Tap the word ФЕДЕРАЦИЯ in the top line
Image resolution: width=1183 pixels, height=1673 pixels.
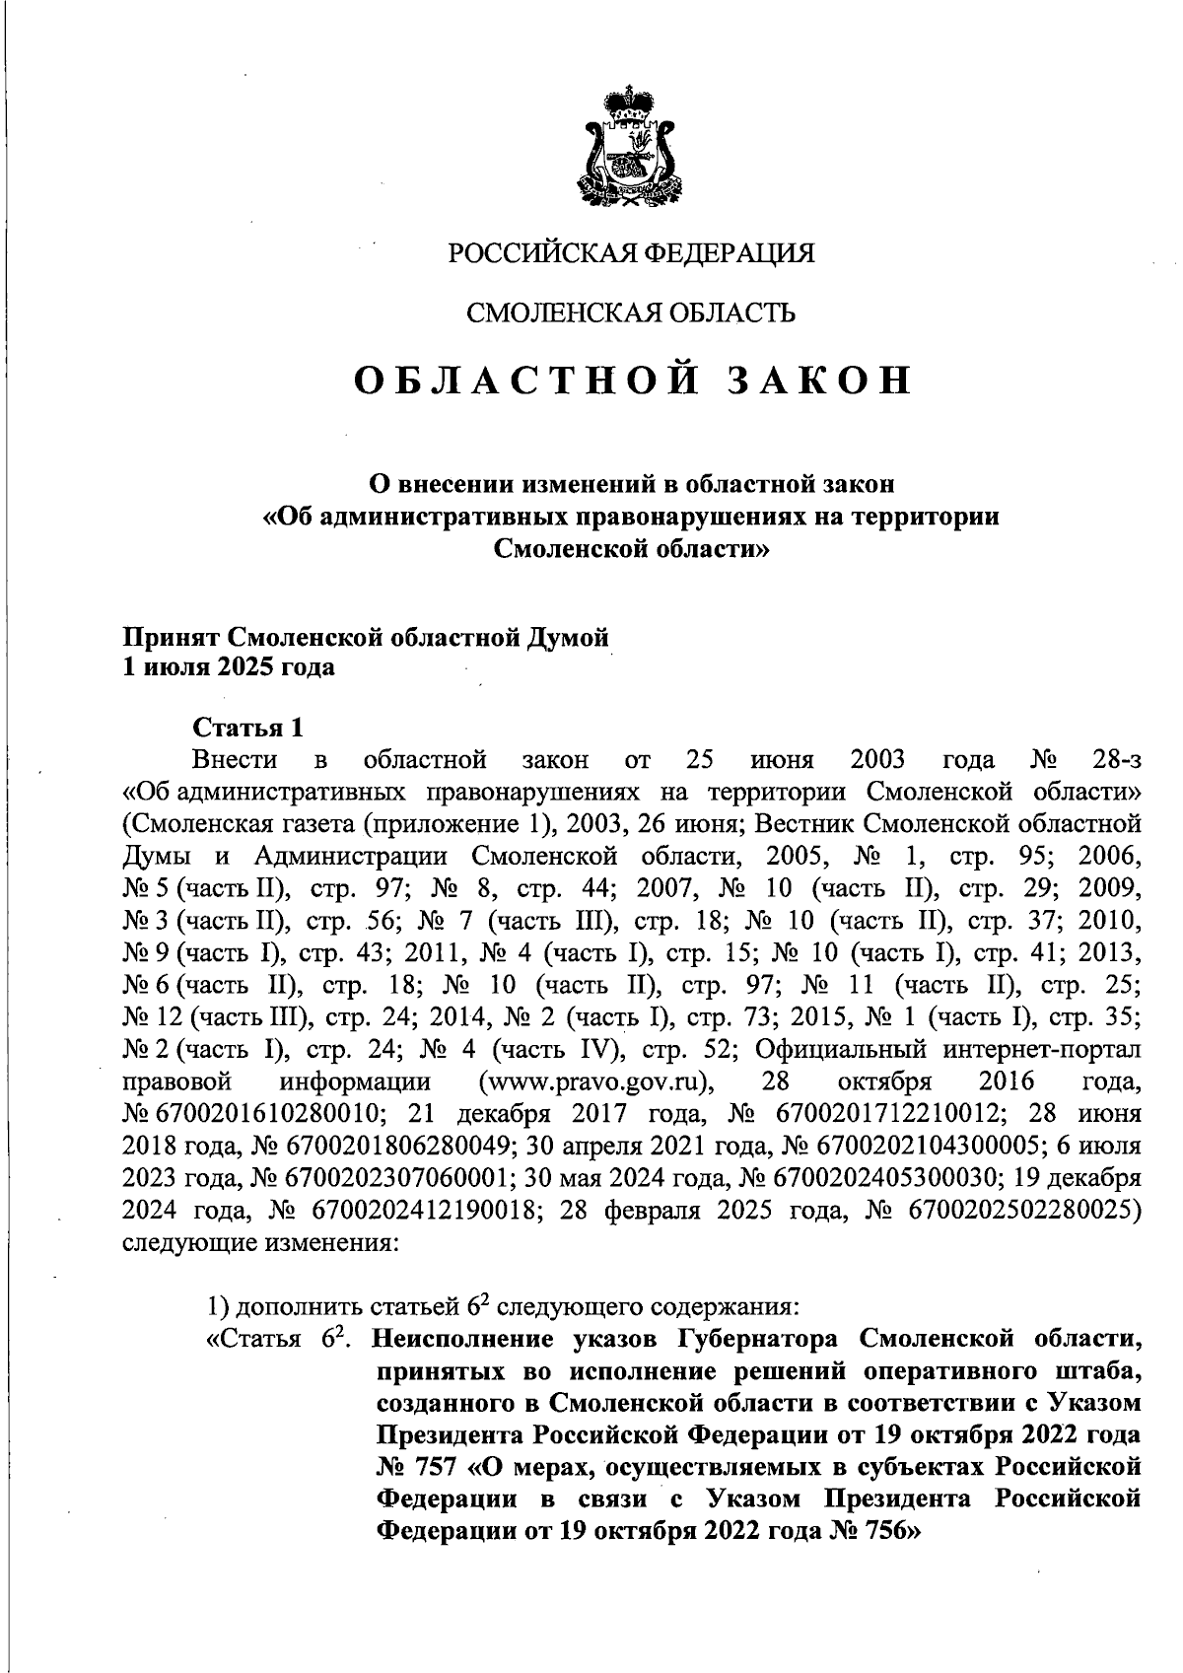pyautogui.click(x=729, y=253)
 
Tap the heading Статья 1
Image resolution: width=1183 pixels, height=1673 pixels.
pyautogui.click(x=246, y=730)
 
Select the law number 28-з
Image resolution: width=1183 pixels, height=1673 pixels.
pyautogui.click(x=1117, y=760)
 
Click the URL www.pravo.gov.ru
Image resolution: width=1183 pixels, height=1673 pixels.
pyautogui.click(x=595, y=1081)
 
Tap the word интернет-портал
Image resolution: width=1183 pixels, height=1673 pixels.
pyautogui.click(x=1039, y=1049)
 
